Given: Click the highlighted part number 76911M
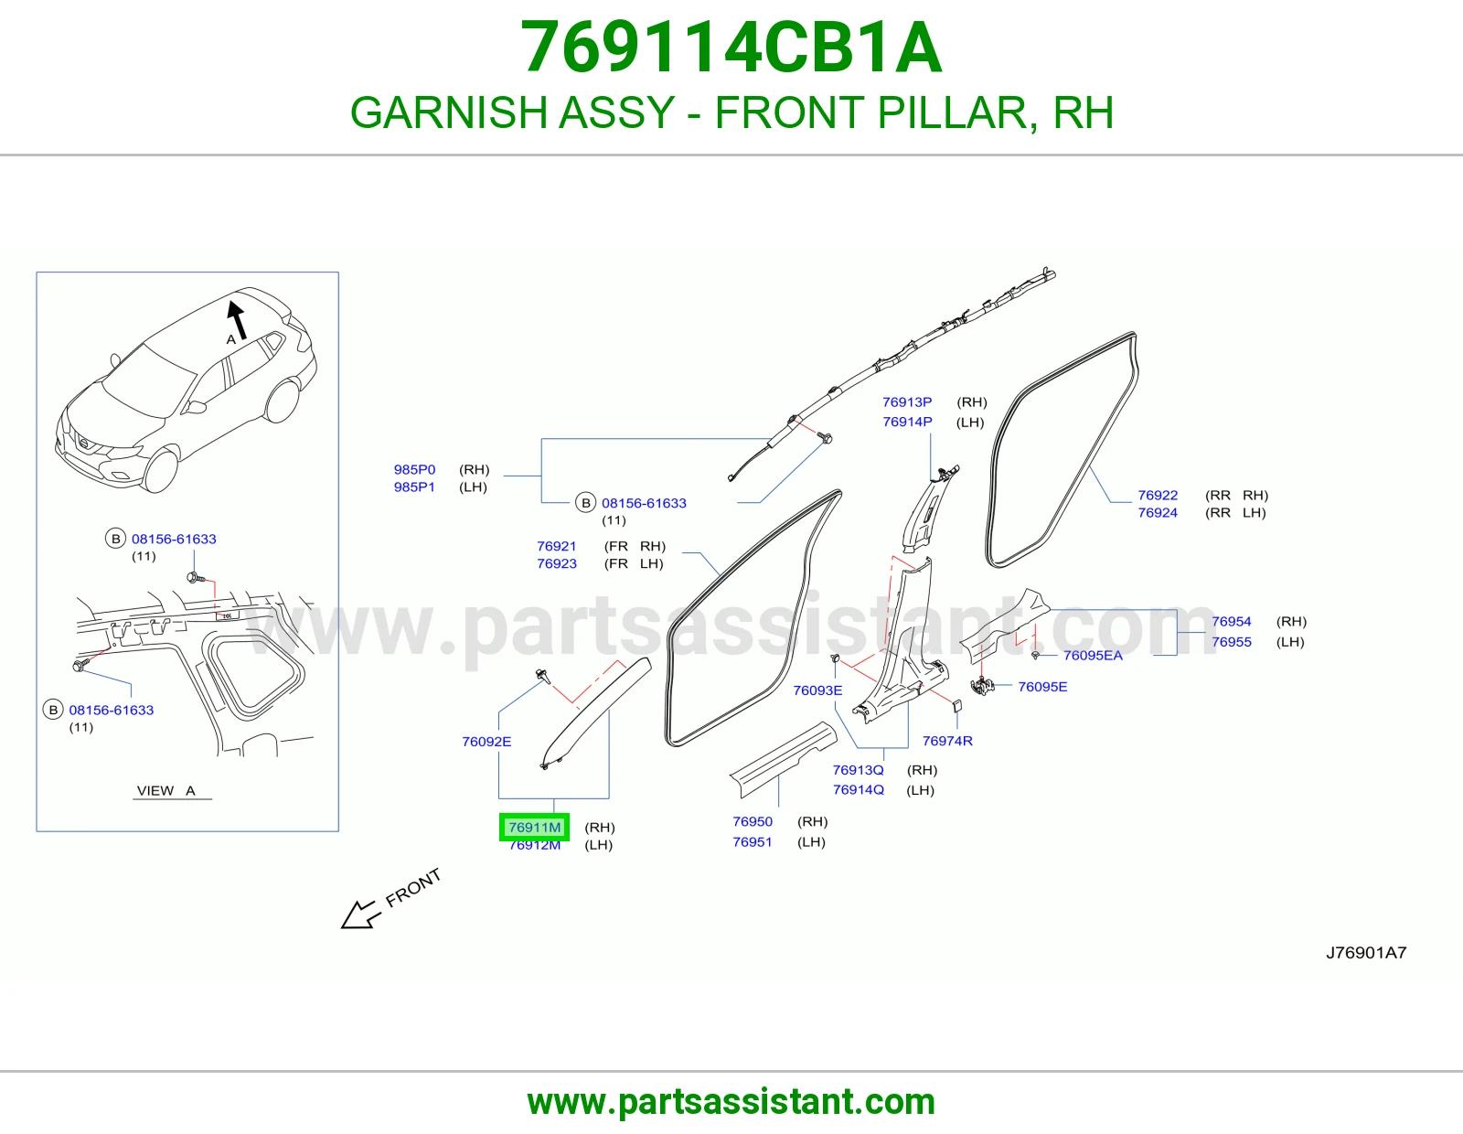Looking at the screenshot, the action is tap(535, 827).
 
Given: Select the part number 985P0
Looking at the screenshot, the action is tap(415, 469).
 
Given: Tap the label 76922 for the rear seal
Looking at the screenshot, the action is tap(1158, 495).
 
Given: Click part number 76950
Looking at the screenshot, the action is tap(753, 821).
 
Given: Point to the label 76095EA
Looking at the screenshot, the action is tap(1094, 655).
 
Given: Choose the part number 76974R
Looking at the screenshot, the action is tap(947, 741).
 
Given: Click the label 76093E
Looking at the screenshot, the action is tap(818, 690).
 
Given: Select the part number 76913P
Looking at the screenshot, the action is tap(908, 402).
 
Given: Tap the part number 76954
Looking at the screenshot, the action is tap(1232, 622).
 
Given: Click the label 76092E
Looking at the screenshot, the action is tap(486, 742).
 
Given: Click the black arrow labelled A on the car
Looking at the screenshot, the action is tap(237, 318).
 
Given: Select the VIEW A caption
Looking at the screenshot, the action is tap(166, 790).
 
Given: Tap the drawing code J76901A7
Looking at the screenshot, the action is tap(1366, 952).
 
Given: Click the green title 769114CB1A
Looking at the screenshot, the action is tap(731, 48).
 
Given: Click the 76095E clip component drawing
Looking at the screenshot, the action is tap(982, 686).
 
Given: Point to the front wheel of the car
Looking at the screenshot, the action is tap(160, 469).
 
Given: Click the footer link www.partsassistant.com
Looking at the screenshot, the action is tap(731, 1102).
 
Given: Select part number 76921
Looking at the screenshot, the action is tap(557, 546).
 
